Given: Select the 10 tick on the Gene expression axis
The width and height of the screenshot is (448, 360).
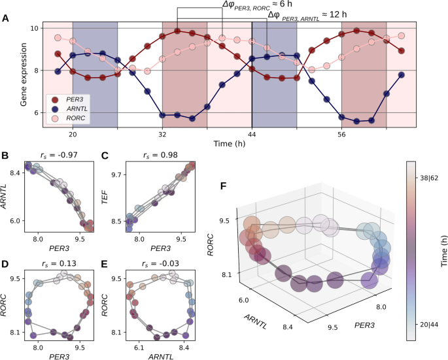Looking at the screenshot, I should (x=33, y=29).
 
